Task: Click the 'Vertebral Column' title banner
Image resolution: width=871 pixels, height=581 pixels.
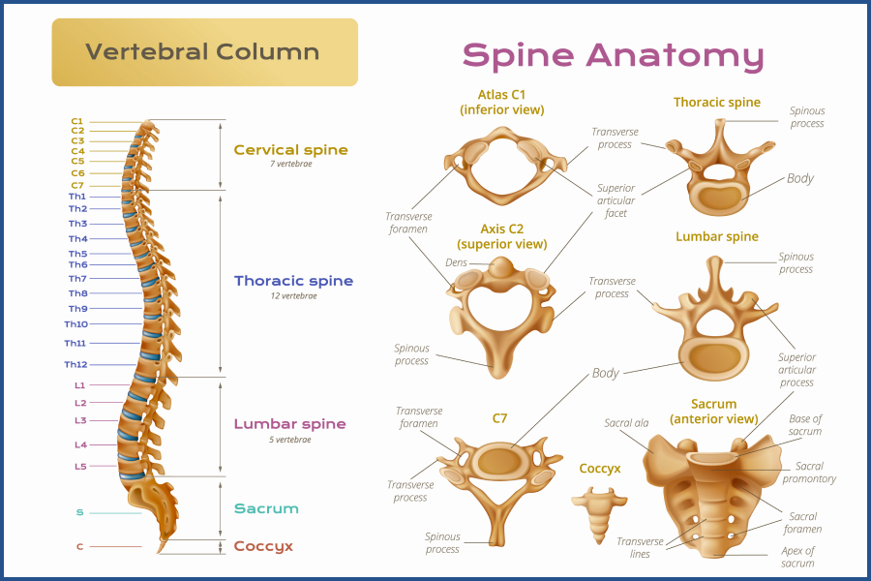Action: coord(203,51)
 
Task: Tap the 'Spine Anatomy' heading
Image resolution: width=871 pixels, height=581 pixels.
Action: coord(613,54)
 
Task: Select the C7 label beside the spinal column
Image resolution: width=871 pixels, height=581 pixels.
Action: coord(77,185)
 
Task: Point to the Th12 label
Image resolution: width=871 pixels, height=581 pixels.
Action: coord(75,364)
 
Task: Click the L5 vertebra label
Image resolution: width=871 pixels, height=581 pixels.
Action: coord(80,467)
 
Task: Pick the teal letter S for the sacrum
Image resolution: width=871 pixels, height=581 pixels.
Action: coord(79,512)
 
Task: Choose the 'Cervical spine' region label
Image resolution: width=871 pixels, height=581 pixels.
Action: coord(290,150)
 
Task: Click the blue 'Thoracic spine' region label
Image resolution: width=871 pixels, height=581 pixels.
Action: coord(293,281)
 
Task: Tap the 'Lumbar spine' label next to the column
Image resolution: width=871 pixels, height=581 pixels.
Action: coord(289,424)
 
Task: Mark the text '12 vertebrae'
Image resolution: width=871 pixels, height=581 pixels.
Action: coord(293,296)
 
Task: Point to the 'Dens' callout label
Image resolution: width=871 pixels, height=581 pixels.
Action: coord(456,262)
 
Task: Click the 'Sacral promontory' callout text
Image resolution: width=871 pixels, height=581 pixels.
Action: coord(808,473)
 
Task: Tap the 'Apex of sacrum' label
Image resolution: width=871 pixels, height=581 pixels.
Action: coord(797,557)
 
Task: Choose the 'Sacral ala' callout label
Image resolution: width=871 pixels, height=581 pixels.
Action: coord(625,423)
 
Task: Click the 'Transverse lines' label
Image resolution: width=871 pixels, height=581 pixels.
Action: coord(640,548)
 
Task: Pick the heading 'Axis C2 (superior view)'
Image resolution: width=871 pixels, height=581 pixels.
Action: coord(501,237)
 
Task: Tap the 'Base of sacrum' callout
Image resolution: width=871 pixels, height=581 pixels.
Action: coord(805,425)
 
